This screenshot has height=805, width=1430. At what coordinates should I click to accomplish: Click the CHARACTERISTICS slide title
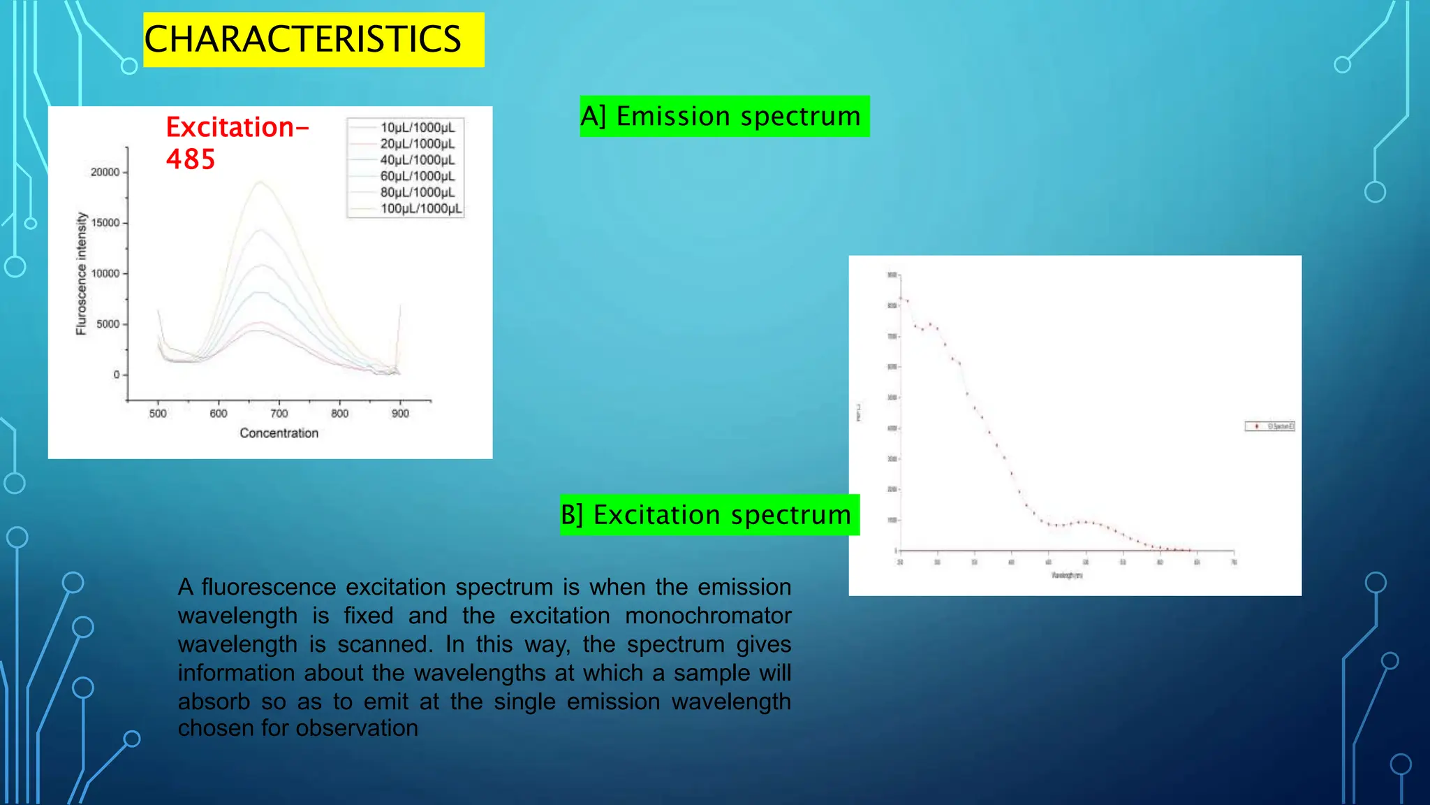(x=302, y=39)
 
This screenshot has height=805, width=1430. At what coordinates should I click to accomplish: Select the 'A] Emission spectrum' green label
(x=724, y=116)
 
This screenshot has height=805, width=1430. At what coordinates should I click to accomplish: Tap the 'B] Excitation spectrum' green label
(x=709, y=515)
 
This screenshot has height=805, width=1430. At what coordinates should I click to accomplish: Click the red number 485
(x=190, y=159)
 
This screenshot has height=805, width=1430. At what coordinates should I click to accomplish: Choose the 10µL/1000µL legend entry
(x=417, y=127)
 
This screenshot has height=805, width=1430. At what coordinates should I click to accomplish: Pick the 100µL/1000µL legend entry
(x=420, y=208)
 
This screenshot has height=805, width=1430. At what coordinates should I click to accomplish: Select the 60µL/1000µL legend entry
(x=417, y=176)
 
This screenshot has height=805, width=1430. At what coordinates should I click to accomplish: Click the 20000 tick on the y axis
(x=105, y=172)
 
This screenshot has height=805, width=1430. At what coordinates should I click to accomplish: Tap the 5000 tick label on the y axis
(x=108, y=324)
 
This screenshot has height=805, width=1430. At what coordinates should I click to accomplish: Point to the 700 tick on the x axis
(x=279, y=413)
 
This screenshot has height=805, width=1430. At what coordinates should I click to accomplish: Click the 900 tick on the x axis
(x=400, y=413)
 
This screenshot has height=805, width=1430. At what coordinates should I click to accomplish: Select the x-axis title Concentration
(x=279, y=433)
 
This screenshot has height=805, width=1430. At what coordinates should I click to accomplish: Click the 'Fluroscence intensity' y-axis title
(x=82, y=274)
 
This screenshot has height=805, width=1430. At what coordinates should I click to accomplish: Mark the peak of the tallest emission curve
(x=260, y=182)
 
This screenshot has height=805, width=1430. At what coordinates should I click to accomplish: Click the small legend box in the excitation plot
(x=1269, y=426)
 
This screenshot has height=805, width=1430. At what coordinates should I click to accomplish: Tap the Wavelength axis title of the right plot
(x=1067, y=575)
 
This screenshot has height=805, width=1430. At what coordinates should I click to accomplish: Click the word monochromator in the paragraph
(x=707, y=616)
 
